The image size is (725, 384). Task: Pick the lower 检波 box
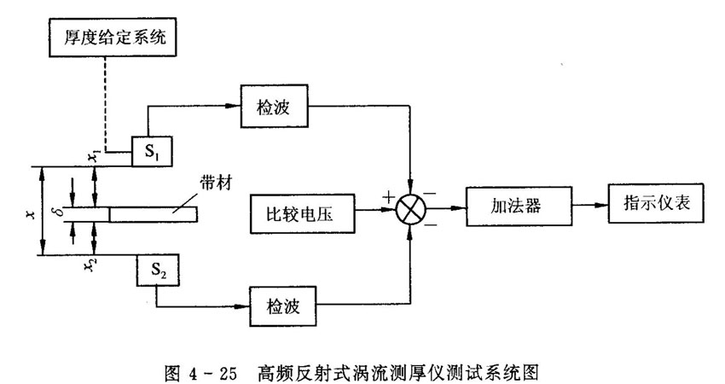coord(281,303)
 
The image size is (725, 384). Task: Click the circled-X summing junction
coord(411,207)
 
